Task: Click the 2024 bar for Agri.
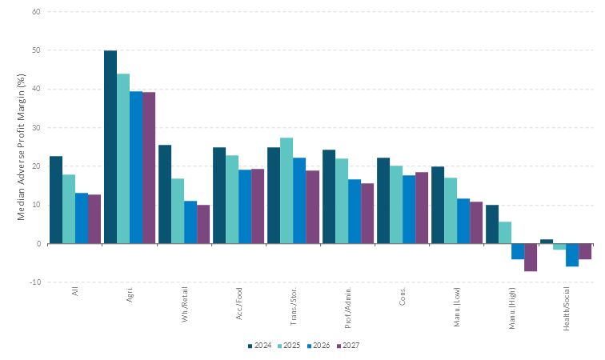pos(110,147)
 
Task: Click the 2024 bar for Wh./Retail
pos(165,194)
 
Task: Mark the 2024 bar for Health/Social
pos(547,241)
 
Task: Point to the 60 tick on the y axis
pos(37,12)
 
